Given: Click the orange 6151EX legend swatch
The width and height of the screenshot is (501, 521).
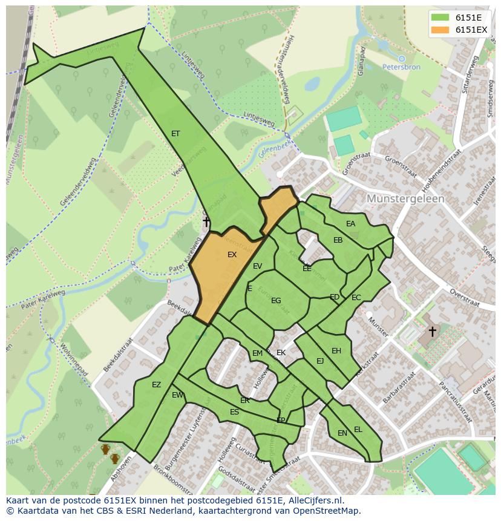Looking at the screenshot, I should [440, 30].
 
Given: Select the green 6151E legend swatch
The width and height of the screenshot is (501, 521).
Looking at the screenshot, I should [440, 18].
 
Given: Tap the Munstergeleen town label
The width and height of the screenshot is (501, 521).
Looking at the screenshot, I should [405, 198].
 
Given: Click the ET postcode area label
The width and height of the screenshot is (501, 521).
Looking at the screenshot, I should [175, 134].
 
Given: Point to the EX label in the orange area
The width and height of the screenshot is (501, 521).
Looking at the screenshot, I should [232, 255].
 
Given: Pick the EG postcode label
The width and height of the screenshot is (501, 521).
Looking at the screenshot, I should [276, 301].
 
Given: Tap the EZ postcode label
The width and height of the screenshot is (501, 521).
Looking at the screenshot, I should [157, 385].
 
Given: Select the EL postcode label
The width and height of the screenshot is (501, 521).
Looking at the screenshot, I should [358, 430].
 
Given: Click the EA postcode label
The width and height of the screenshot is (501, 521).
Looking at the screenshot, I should [351, 224].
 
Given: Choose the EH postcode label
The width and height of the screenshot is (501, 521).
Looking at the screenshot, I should [336, 351].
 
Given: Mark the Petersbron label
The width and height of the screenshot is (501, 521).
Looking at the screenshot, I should [401, 67].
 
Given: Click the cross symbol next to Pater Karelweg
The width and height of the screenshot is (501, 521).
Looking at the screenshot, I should [206, 222].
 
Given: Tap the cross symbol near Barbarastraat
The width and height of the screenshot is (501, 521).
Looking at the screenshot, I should [432, 331].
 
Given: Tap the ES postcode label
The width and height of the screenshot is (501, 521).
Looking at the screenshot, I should [234, 412].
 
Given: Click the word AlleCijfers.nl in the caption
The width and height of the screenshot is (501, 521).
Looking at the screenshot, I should [314, 500].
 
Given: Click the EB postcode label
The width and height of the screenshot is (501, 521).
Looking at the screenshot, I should [338, 240].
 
